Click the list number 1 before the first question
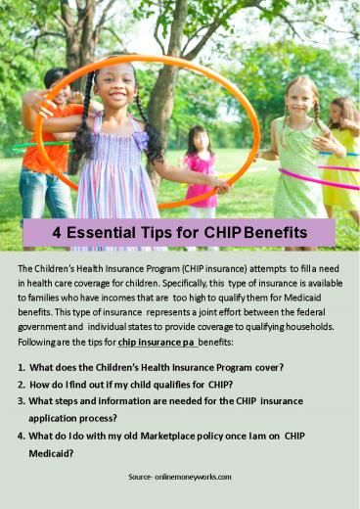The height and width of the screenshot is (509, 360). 21,367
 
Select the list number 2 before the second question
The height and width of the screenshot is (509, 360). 21,384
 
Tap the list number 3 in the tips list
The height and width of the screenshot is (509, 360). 21,400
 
